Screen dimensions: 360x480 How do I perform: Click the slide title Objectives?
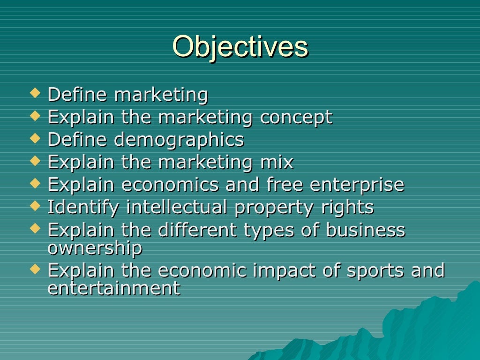240,47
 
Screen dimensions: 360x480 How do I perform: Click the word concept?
296,117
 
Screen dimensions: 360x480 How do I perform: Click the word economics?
170,185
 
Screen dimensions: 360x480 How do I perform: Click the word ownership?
95,248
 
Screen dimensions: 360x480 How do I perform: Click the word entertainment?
114,288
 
